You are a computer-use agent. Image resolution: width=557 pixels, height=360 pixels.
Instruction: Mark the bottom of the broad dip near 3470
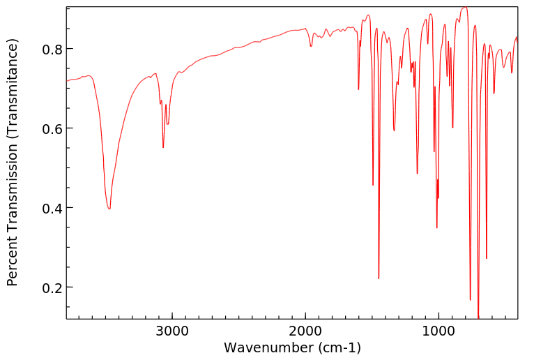[x=109, y=209]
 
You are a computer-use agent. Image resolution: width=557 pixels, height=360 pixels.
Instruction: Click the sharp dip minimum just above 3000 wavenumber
[x=163, y=147]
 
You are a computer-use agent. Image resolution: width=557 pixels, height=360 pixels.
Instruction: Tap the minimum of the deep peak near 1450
[x=379, y=278]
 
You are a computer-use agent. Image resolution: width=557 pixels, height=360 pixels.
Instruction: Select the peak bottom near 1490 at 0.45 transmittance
[x=373, y=185]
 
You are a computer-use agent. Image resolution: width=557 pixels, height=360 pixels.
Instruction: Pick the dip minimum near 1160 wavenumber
[x=417, y=173]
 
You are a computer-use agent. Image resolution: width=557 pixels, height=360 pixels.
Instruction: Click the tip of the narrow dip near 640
[x=487, y=258]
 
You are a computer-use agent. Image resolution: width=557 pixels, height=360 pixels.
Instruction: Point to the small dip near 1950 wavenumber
[x=311, y=46]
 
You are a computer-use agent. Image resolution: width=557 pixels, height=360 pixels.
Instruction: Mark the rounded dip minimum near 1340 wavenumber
[x=394, y=130]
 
